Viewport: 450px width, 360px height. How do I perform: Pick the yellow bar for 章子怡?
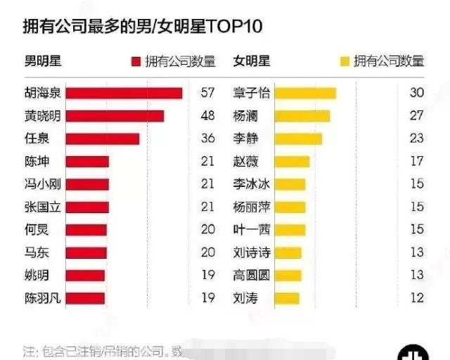pyautogui.click(x=304, y=94)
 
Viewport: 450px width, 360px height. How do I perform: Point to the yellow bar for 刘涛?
pyautogui.click(x=287, y=298)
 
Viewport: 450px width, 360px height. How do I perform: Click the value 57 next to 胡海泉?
pyautogui.click(x=207, y=94)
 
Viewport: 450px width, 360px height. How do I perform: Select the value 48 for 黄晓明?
pyautogui.click(x=207, y=116)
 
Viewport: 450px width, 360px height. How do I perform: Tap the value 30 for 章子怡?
pyautogui.click(x=416, y=94)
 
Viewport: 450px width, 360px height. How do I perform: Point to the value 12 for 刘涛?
pyautogui.click(x=416, y=298)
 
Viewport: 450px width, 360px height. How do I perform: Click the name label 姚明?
pyautogui.click(x=37, y=275)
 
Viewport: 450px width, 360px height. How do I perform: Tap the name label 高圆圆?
pyautogui.click(x=252, y=275)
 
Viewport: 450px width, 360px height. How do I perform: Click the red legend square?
pyautogui.click(x=136, y=62)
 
